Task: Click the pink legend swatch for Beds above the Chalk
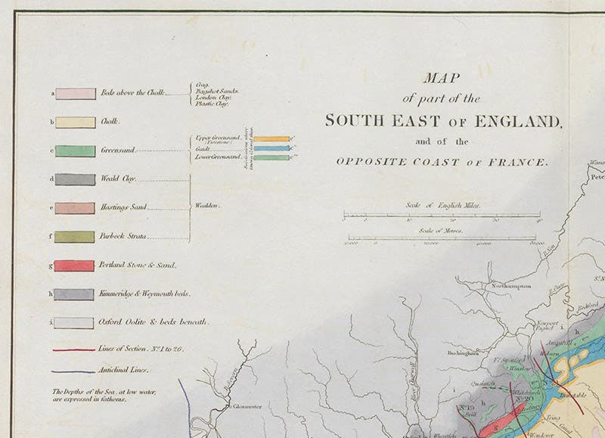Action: (76, 94)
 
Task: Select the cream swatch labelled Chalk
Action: (76, 121)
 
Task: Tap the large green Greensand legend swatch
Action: (76, 151)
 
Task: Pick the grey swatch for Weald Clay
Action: (76, 179)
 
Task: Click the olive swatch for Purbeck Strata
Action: (76, 237)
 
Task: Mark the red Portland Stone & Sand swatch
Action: (76, 266)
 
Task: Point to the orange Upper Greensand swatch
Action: (271, 139)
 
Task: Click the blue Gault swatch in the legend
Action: (271, 148)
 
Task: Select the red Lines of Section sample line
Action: (73, 349)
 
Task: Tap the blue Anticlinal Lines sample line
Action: (73, 371)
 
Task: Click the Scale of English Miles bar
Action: (442, 216)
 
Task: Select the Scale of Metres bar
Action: (442, 240)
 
